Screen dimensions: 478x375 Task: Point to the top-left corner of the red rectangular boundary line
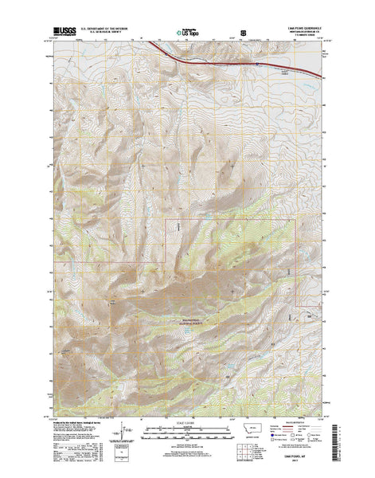pos(165,217)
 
